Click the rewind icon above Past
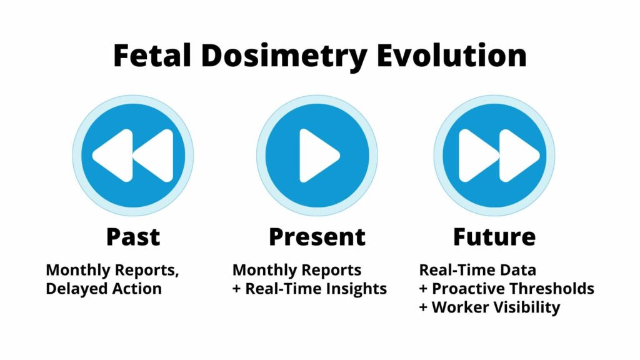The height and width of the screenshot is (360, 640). [132, 155]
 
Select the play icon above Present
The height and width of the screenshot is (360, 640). [317, 155]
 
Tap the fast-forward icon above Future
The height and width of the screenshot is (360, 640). [494, 155]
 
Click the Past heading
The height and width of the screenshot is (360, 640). [132, 237]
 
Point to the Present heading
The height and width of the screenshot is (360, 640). [317, 237]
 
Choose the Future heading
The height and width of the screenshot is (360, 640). [494, 237]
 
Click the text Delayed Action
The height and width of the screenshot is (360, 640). [104, 289]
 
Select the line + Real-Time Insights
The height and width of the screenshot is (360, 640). [309, 289]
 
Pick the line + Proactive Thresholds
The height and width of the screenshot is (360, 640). [506, 289]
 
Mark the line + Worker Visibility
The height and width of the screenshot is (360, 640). [489, 307]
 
